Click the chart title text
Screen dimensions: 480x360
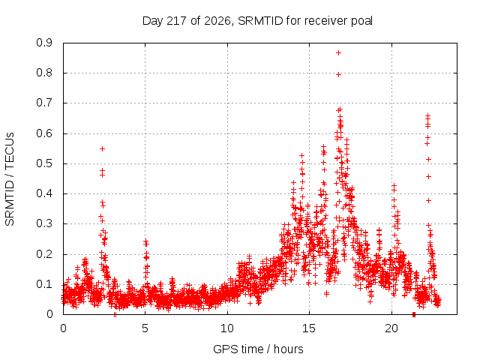point(257,21)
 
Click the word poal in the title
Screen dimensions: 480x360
point(361,21)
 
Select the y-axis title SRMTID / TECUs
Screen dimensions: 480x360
point(10,179)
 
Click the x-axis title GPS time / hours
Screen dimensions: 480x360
point(258,349)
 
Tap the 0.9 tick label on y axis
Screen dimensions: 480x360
point(44,43)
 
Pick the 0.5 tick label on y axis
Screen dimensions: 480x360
point(44,163)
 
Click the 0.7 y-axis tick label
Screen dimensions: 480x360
point(44,103)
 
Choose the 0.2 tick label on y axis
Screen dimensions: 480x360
point(44,254)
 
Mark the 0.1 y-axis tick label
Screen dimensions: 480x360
point(44,284)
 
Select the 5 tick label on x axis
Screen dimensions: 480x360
point(145,328)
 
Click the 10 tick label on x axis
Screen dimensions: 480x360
point(227,328)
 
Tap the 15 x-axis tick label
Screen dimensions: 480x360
point(309,328)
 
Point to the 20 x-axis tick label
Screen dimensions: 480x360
point(391,328)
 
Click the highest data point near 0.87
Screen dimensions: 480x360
point(338,53)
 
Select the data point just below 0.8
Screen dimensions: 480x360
point(338,74)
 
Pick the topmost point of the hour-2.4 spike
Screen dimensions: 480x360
point(103,148)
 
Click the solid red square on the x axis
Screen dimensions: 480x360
point(414,314)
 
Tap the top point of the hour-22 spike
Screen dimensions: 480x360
point(428,115)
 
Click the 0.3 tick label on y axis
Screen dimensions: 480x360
point(44,223)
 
